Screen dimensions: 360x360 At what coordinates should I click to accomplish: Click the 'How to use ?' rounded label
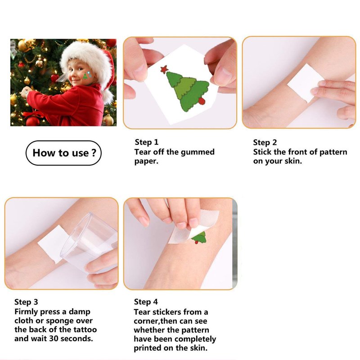63,153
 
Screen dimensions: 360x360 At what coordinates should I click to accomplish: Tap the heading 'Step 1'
147,142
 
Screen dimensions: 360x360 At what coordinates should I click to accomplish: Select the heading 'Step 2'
265,142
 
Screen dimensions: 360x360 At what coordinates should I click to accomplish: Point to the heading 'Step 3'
26,302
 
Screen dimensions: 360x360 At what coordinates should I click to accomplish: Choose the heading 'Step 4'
146,301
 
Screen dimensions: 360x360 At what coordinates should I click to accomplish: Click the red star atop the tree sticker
164,69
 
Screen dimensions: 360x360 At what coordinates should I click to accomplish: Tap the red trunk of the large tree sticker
202,101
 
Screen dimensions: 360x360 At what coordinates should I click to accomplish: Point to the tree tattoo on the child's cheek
85,76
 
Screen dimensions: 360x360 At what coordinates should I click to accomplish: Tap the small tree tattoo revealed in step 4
199,238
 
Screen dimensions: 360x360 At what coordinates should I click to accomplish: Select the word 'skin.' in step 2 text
293,161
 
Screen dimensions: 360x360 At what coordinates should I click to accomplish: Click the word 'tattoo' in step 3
85,329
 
